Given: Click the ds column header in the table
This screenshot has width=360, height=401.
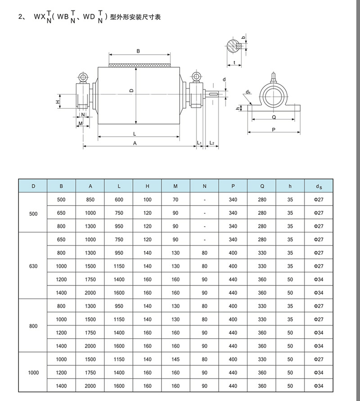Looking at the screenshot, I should (318, 186).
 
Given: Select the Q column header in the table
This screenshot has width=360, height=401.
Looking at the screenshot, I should (262, 186).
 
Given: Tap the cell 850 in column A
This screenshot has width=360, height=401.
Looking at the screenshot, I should (90, 200).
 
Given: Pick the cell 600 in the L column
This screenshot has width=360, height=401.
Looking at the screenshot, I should (119, 200).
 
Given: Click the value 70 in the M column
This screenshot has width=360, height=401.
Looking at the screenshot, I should (175, 200).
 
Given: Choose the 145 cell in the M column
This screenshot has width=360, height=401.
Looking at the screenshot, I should (175, 360).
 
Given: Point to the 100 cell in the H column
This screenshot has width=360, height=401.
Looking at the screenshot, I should (147, 200).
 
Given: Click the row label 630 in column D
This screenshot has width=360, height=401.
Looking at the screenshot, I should (33, 266).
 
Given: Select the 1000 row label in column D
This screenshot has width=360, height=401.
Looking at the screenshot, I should (33, 373).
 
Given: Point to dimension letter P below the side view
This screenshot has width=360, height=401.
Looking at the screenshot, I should (274, 129).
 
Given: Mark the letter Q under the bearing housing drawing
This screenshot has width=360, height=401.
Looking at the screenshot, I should (274, 116).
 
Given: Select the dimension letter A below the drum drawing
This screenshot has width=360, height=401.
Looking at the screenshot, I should (135, 143).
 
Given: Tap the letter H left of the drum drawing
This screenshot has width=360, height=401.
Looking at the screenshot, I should (58, 102).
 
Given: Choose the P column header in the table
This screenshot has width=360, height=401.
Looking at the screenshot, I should (233, 186).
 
